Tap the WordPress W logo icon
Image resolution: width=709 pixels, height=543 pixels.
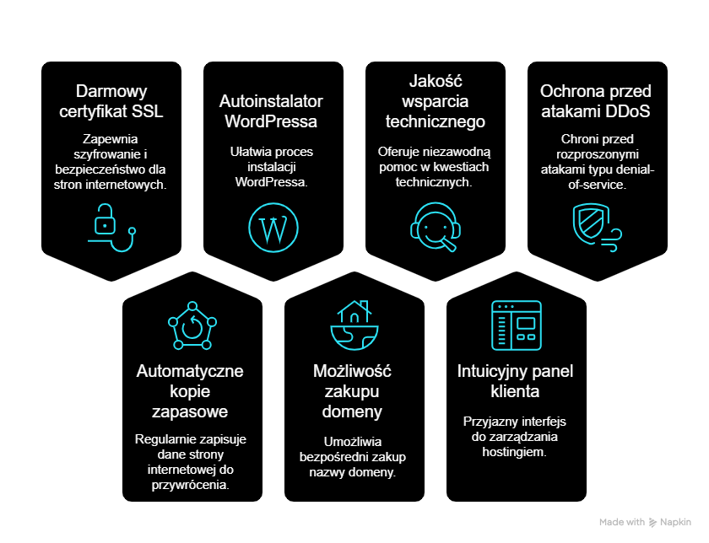tap(273, 227)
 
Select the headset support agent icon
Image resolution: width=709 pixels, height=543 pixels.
tap(436, 226)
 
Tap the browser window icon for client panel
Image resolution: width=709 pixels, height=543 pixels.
tap(517, 325)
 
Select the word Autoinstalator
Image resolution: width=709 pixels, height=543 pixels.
tap(271, 101)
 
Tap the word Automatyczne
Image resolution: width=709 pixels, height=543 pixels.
tap(190, 371)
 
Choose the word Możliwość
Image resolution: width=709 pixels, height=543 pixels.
tap(352, 371)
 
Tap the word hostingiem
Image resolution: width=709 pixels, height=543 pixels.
tap(517, 452)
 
